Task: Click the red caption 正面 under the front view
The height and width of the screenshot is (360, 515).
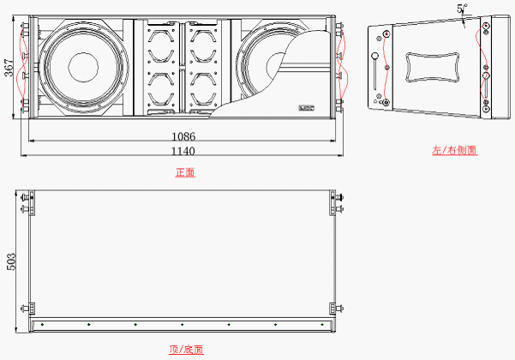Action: tap(184, 172)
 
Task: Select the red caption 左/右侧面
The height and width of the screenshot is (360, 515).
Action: tap(454, 150)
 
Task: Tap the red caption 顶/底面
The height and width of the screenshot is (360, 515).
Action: tap(185, 350)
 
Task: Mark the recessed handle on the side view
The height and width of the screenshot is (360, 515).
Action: tap(429, 66)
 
